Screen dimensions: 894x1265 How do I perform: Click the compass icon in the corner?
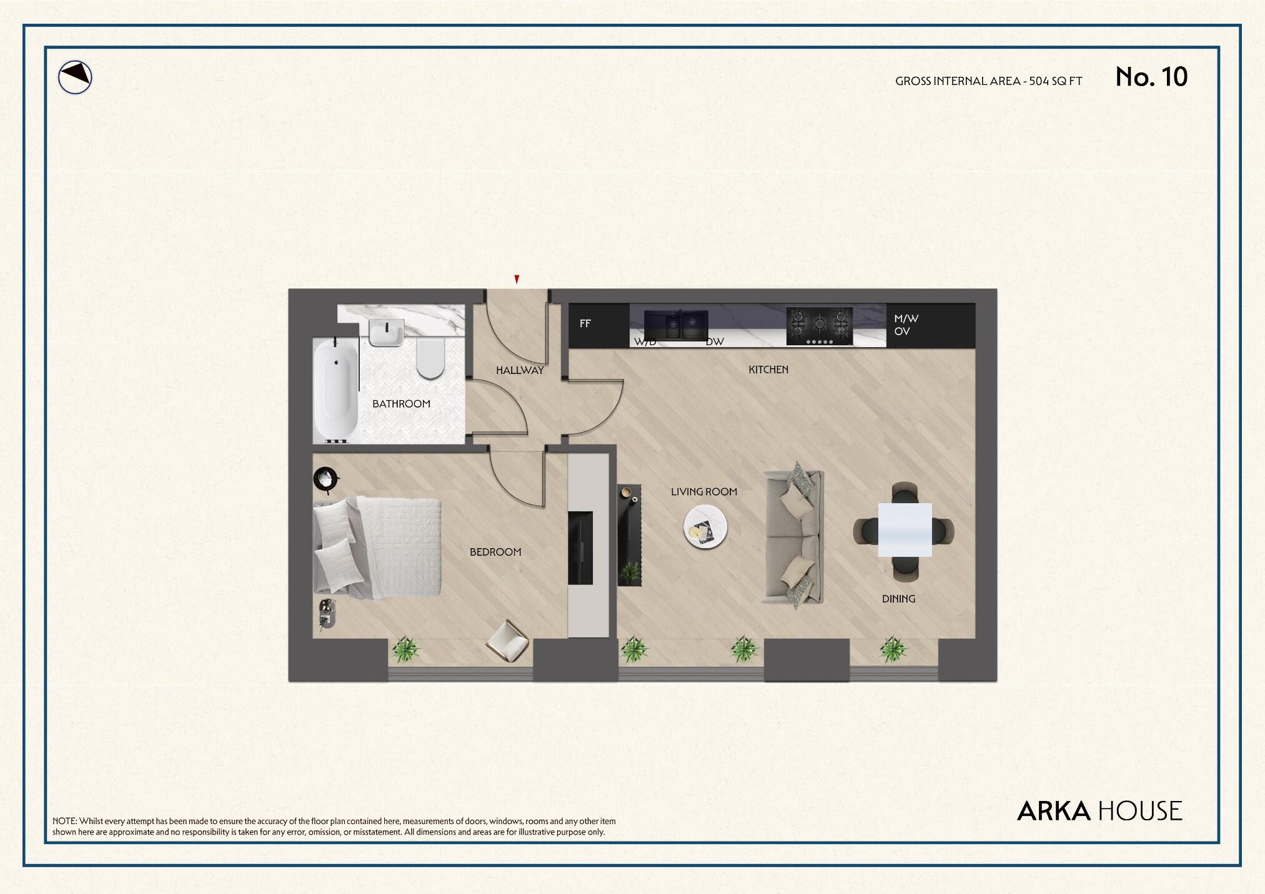[x=75, y=78]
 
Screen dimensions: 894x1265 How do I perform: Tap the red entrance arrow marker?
[x=517, y=279]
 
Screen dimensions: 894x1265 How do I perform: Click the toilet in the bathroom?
[x=430, y=359]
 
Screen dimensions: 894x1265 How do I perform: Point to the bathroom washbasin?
[x=386, y=332]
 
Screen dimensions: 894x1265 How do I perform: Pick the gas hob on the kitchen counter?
[x=819, y=326]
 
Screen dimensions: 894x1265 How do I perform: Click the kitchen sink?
[x=676, y=325]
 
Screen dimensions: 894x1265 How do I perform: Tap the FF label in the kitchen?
[x=585, y=323]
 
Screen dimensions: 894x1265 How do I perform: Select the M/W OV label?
[x=906, y=325]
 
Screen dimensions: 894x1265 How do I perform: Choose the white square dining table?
[x=905, y=529]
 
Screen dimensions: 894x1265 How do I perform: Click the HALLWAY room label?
[x=520, y=370]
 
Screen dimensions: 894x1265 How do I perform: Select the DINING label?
[x=898, y=599]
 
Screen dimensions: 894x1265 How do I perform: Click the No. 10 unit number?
[x=1151, y=77]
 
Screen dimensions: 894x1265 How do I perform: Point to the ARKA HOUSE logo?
[x=1099, y=811]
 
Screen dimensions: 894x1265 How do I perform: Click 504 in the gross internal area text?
[x=1039, y=81]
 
